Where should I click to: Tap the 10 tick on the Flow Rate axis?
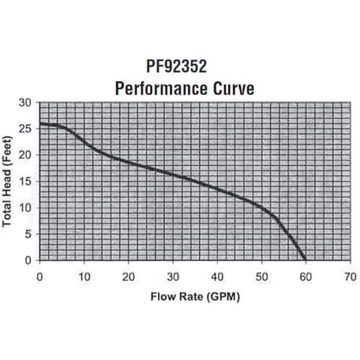point(84,277)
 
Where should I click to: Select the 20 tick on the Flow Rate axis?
point(128,277)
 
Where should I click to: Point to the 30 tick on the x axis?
point(173,277)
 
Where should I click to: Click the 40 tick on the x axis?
point(217,277)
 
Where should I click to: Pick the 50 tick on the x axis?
point(262,277)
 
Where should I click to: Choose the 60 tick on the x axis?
point(306,277)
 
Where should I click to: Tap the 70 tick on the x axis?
point(350,277)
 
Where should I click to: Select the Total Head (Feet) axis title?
point(8,180)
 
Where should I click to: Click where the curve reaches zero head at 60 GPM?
point(305,260)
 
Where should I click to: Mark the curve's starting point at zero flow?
point(40,124)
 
